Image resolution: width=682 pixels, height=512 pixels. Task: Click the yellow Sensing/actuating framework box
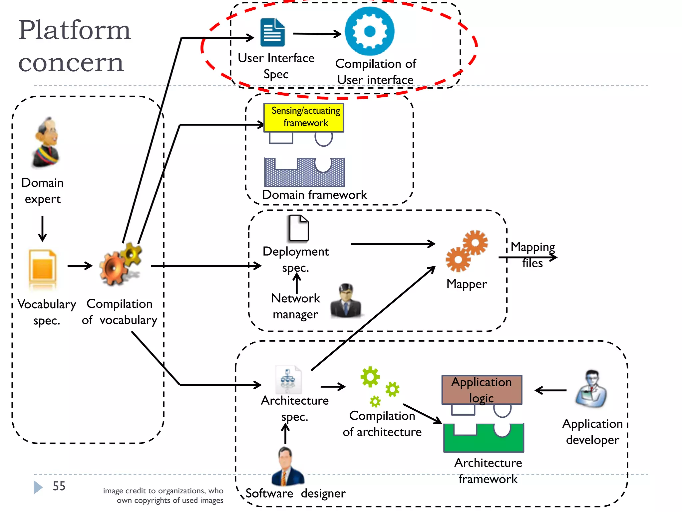[x=304, y=117]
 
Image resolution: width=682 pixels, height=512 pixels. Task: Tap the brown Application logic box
[x=482, y=390]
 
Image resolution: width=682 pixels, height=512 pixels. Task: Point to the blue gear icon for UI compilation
[x=370, y=31]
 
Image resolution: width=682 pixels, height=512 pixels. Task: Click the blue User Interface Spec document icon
[x=273, y=32]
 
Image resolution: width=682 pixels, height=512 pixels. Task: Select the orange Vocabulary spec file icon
[x=42, y=268]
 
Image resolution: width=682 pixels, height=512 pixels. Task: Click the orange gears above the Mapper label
[x=467, y=251]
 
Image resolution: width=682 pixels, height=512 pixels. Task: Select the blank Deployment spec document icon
[x=298, y=228]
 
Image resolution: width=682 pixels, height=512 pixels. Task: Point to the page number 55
[x=59, y=486]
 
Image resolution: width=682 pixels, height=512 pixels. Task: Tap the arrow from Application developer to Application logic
[x=550, y=390]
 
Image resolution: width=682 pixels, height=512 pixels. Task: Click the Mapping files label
[x=532, y=255]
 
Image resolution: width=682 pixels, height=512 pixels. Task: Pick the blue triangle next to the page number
[x=38, y=487]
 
